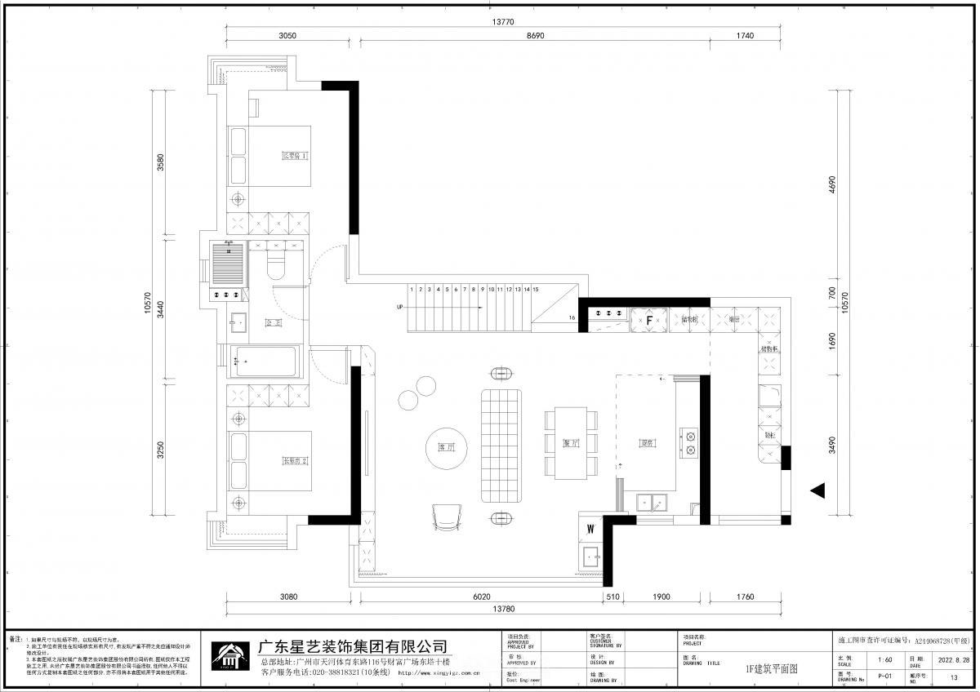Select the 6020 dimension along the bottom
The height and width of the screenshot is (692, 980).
480,597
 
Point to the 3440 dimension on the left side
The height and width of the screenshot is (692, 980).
160,308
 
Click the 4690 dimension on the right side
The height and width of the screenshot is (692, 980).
832,184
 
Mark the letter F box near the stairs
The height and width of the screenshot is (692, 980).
649,321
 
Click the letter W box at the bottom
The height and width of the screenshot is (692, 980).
590,530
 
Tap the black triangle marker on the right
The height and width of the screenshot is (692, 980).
817,490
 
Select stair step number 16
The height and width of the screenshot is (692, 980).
572,317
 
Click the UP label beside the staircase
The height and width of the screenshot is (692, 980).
399,308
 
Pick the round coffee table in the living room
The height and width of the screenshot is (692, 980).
446,448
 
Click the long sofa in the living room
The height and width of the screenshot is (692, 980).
501,446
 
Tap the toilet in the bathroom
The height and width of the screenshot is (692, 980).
276,267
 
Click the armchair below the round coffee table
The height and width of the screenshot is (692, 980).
447,517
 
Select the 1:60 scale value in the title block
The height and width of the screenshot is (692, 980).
884,659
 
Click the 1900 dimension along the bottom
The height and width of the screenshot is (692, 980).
661,597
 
